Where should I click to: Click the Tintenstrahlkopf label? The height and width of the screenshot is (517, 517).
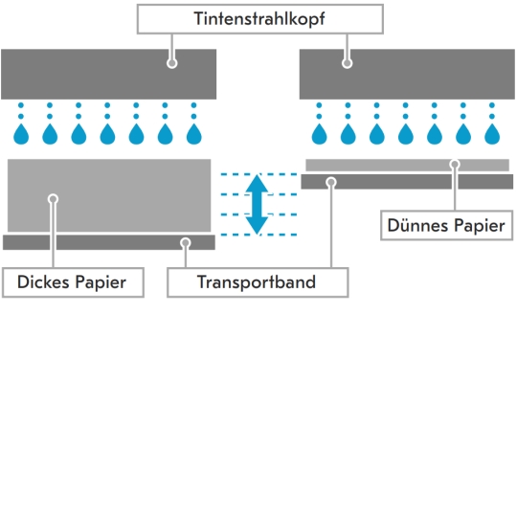point(259,18)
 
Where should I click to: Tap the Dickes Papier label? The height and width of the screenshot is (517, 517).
point(73,282)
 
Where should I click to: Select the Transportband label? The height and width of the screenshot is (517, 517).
point(257,282)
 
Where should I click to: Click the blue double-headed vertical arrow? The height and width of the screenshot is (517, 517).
point(257,204)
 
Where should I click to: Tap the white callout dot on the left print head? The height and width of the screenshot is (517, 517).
point(172,63)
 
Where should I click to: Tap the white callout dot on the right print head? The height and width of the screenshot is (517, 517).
point(347,63)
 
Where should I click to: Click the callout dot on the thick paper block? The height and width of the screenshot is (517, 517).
point(54,199)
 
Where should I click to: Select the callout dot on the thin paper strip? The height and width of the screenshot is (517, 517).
point(455,165)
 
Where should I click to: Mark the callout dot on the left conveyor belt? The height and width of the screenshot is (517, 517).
point(186,243)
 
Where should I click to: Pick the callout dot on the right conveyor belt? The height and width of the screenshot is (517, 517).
point(330,181)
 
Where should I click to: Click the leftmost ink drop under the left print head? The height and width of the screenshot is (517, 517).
point(21,130)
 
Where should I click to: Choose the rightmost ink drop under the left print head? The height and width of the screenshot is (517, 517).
point(195,130)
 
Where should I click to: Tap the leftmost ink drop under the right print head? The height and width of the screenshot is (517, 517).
point(318,130)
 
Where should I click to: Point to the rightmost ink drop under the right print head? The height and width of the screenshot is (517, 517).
point(492,130)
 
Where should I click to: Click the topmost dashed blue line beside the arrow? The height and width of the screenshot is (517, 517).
point(258,173)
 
